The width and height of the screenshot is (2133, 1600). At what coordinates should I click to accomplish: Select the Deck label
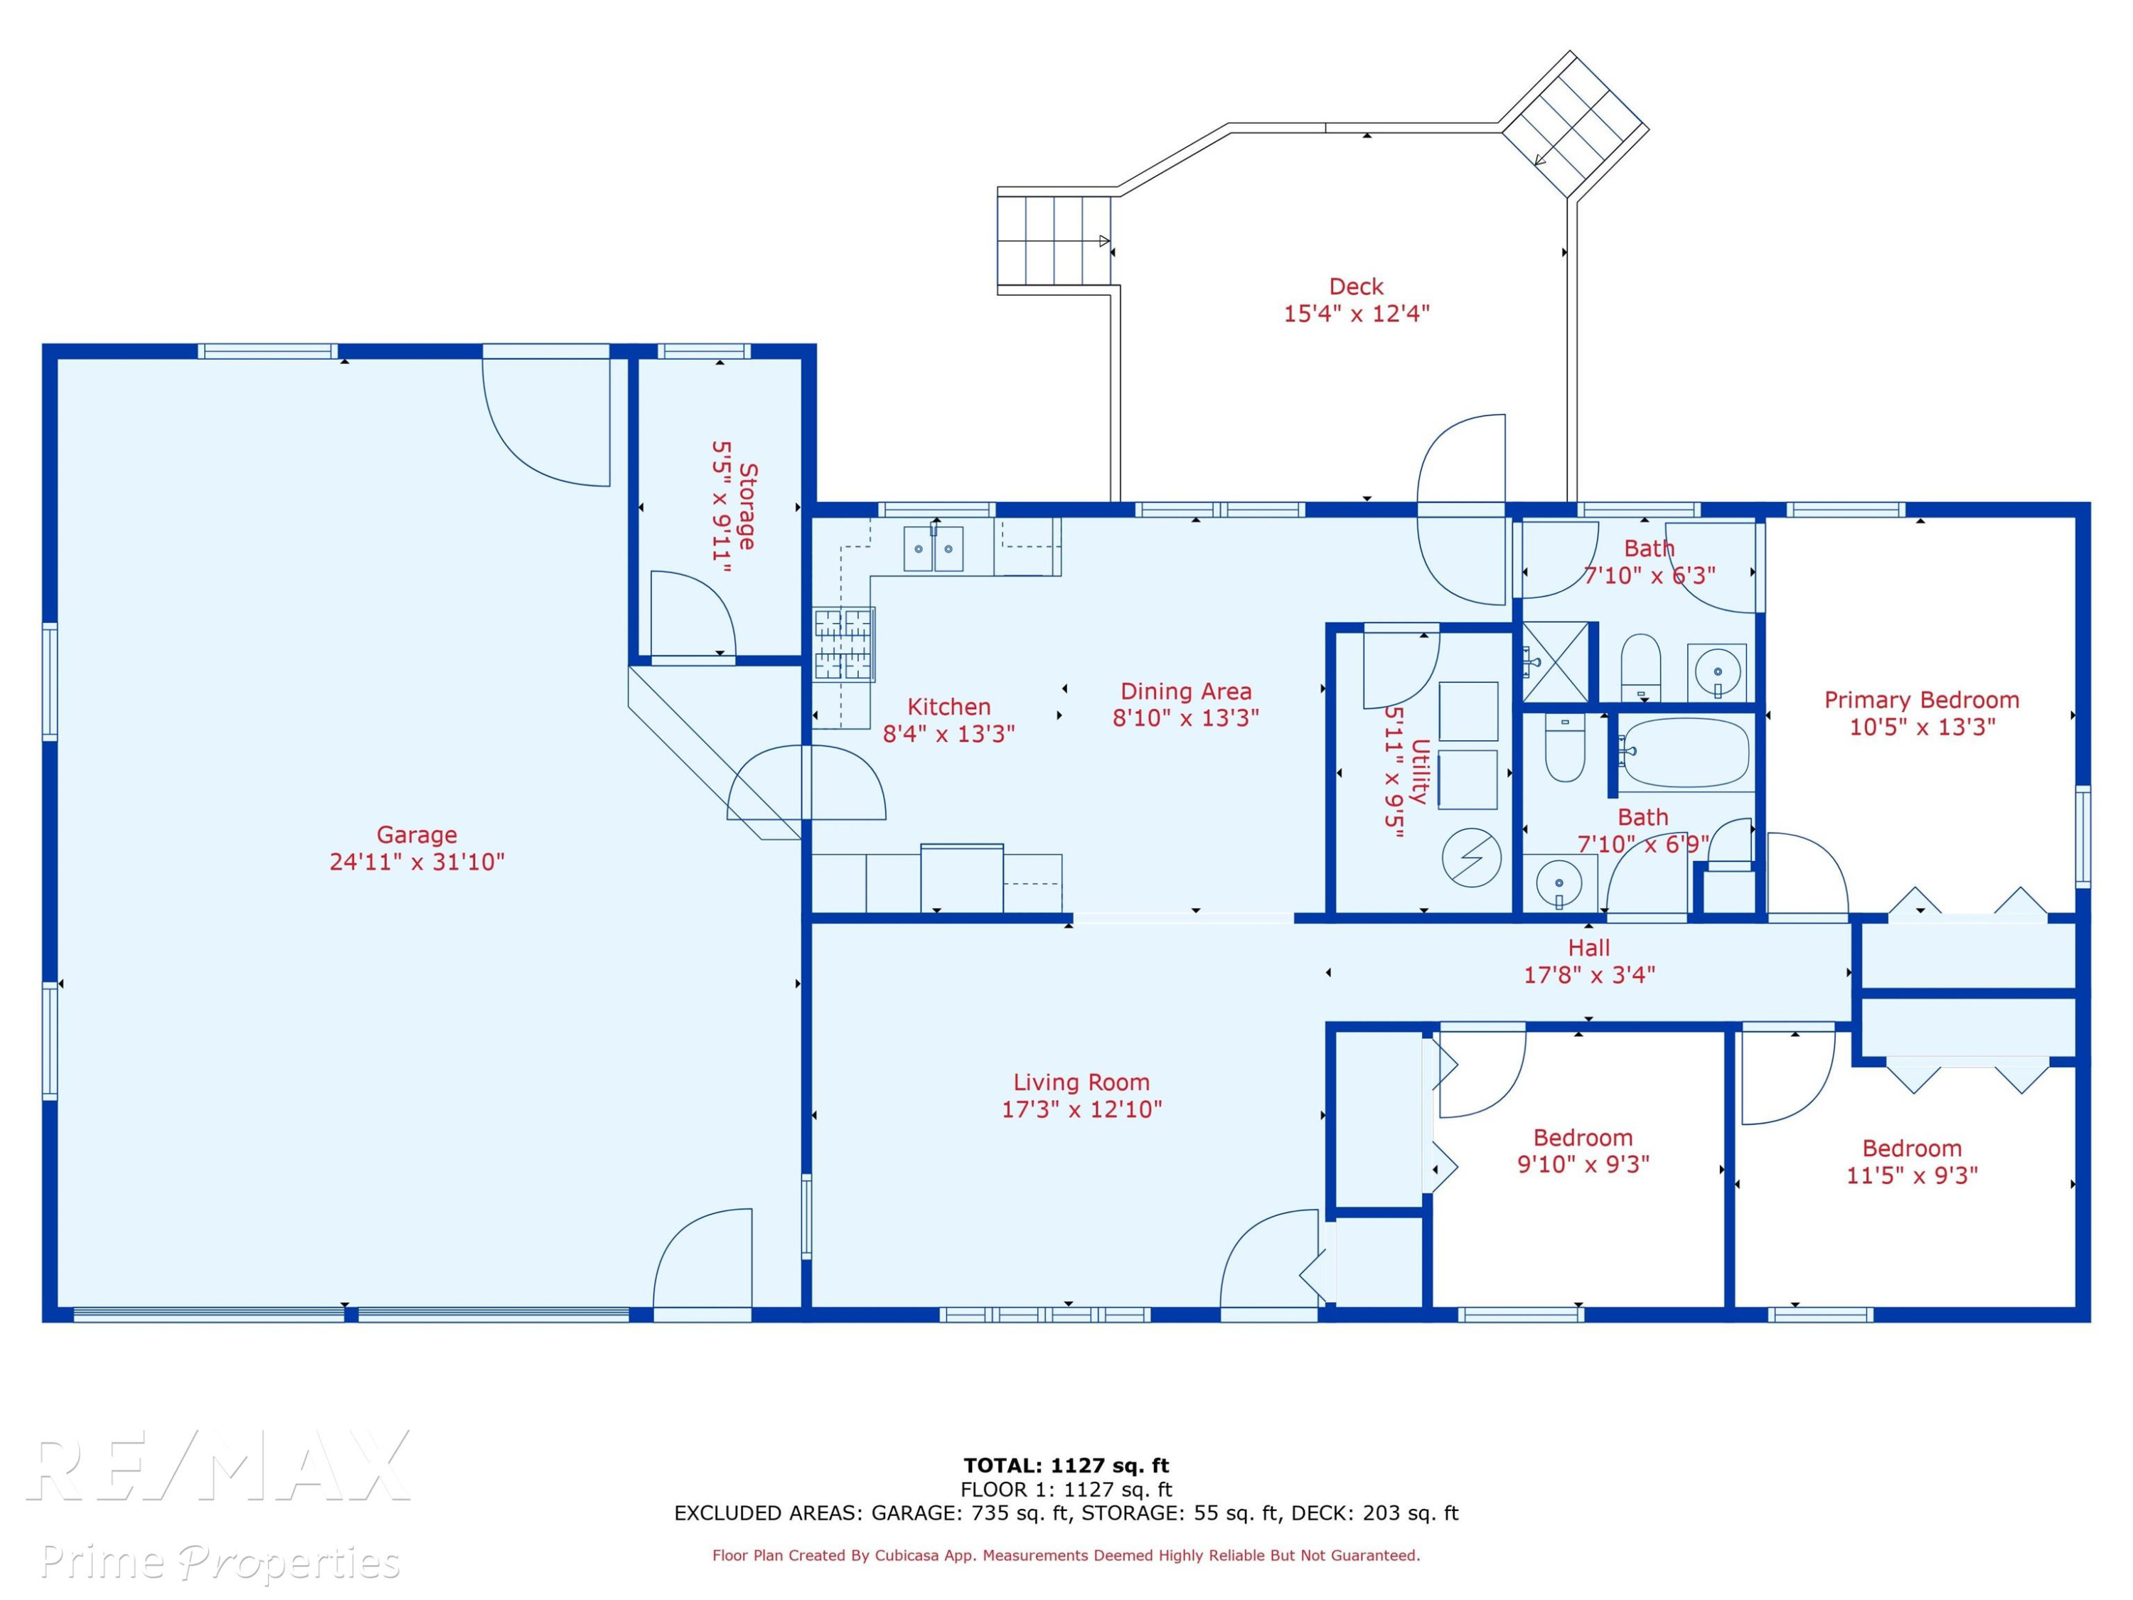point(1356,287)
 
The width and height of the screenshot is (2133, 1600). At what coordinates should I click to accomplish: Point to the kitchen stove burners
point(844,645)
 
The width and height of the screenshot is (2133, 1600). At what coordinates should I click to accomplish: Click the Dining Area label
point(1186,691)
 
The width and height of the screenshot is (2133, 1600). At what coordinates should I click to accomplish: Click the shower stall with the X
point(1554,661)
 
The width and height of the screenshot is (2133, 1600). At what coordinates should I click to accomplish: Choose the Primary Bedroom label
point(1922,700)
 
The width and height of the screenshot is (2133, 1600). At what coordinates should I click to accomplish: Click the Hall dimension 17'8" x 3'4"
point(1589,975)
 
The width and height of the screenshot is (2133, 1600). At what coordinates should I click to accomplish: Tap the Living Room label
point(1081,1082)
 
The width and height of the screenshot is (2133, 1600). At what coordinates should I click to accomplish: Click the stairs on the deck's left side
point(1054,240)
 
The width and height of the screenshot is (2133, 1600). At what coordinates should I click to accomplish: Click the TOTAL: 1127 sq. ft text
point(1066,1466)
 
